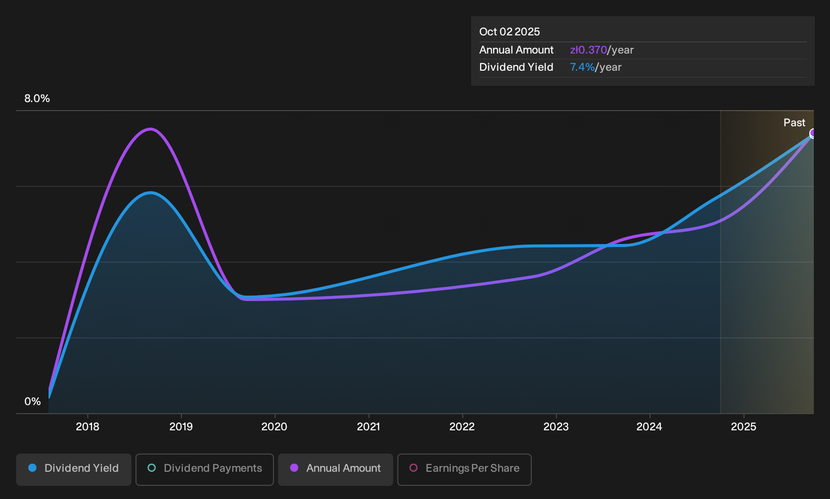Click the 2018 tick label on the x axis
pos(87,427)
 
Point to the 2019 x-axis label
pos(181,427)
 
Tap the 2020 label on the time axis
pos(274,427)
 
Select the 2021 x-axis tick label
pos(368,427)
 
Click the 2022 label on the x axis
pos(462,427)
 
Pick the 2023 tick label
pos(556,427)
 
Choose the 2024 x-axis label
pos(649,427)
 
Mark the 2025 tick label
pos(743,427)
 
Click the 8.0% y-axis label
pos(37,98)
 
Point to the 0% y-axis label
pos(33,402)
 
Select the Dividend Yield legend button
pos(74,469)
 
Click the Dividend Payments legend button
pos(205,469)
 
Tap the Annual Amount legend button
pos(335,469)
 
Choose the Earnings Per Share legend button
pos(464,469)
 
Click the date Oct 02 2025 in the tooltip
pos(510,32)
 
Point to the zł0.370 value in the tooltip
pos(588,50)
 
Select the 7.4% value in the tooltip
pos(582,67)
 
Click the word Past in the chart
pos(795,123)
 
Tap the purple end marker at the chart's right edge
pos(812,133)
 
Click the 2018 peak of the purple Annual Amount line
pos(150,129)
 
